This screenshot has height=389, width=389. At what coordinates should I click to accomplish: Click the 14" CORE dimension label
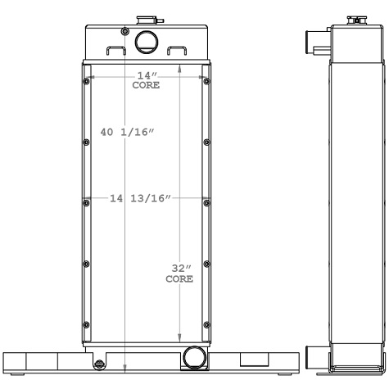tap(146, 79)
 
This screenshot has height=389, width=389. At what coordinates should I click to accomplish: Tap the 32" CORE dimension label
tap(179, 273)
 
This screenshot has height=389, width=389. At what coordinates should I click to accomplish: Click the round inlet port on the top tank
tap(146, 40)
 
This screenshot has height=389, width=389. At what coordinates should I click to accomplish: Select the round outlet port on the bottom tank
tap(194, 356)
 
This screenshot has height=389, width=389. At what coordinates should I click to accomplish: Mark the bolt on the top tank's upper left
tap(123, 32)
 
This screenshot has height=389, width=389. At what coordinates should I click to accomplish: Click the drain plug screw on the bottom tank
tap(98, 364)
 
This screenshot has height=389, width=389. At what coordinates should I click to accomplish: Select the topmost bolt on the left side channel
tap(86, 80)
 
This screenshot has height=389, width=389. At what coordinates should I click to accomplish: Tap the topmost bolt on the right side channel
tap(205, 80)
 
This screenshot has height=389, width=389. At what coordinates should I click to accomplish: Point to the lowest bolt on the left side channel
tap(86, 323)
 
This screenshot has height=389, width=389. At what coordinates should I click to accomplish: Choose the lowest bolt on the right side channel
tap(205, 323)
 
